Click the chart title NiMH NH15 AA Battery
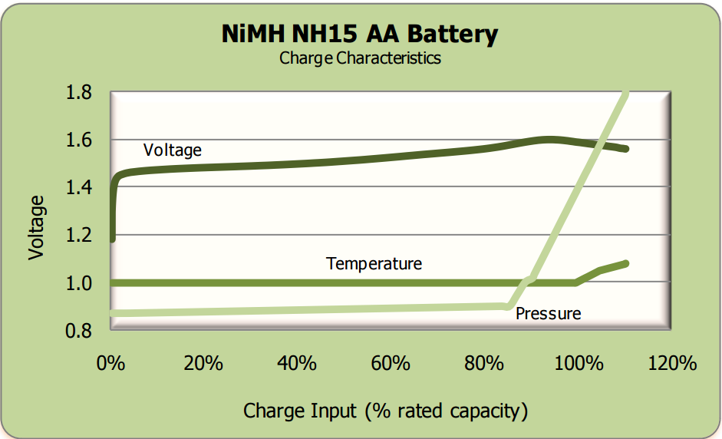pyautogui.click(x=360, y=34)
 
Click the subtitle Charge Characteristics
pyautogui.click(x=360, y=58)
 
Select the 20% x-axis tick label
pyautogui.click(x=203, y=362)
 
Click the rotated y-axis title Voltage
pyautogui.click(x=37, y=227)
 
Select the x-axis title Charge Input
pyautogui.click(x=385, y=411)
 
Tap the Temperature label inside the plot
pyautogui.click(x=374, y=264)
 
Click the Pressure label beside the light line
pyautogui.click(x=548, y=313)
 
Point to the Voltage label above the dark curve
pyautogui.click(x=172, y=150)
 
